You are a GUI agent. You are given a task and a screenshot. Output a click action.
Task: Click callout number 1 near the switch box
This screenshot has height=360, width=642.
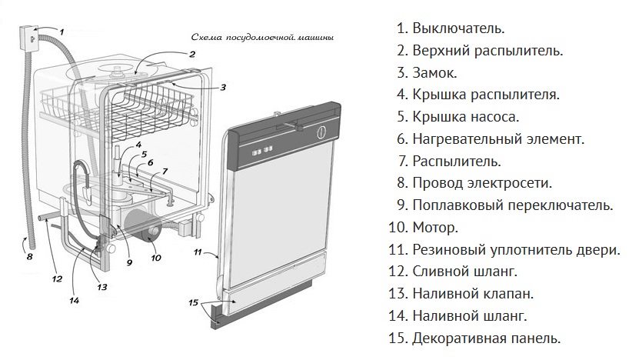pos(62,32)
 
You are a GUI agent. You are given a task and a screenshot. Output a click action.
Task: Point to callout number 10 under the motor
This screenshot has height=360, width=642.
pos(156,258)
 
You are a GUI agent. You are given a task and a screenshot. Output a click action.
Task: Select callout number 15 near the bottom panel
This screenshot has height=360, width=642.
pos(194,302)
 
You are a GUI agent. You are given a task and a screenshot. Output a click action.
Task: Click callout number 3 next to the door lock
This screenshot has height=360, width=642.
pos(223,87)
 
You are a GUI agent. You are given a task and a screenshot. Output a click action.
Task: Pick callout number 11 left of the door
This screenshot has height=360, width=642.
pos(198,252)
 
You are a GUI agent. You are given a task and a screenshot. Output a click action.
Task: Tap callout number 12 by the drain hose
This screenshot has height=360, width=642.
pos(56,278)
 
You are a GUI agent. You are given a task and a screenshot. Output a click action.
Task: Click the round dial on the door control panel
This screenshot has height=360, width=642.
pos(321,132)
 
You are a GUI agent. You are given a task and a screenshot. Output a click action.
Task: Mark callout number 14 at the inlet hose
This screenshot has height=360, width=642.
pos(74,301)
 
